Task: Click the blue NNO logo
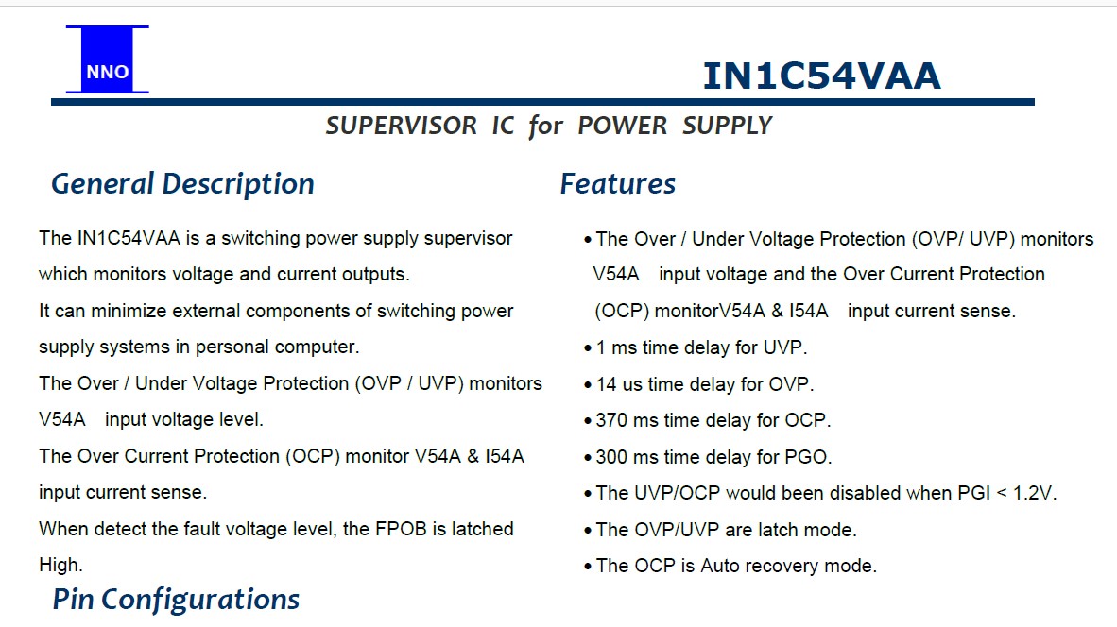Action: tap(108, 59)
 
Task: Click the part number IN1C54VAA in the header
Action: tap(821, 76)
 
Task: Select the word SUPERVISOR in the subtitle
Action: tap(401, 126)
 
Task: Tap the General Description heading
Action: tap(182, 184)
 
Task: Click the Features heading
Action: tap(618, 183)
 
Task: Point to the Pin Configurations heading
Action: tap(176, 600)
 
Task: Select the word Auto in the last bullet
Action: tap(720, 566)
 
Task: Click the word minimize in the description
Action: tap(129, 311)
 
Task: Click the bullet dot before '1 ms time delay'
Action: tap(588, 348)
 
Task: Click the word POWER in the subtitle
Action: tap(622, 126)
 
